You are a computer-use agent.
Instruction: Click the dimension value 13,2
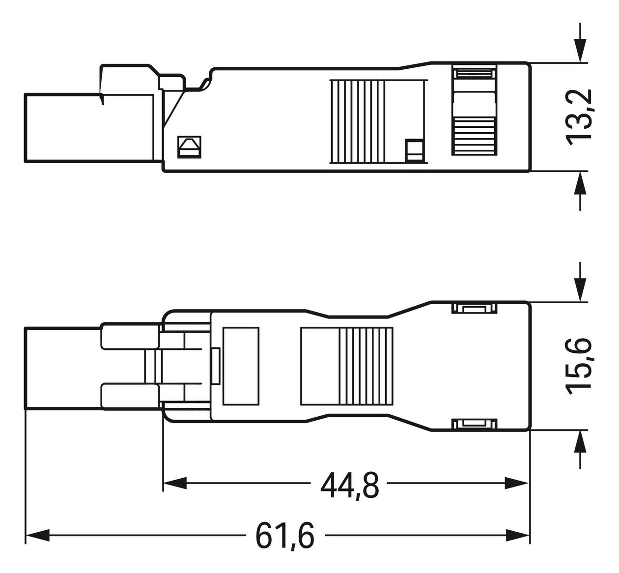click(x=580, y=117)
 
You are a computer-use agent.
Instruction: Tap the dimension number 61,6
click(x=284, y=536)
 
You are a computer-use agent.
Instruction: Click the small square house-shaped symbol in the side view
click(x=189, y=146)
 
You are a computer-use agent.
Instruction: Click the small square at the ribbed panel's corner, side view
click(x=414, y=151)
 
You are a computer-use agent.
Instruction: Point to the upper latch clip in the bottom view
click(x=474, y=309)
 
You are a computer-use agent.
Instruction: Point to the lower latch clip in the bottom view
click(x=474, y=424)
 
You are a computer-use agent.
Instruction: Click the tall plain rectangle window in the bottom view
click(x=241, y=366)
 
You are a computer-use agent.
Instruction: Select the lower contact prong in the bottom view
click(x=130, y=395)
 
